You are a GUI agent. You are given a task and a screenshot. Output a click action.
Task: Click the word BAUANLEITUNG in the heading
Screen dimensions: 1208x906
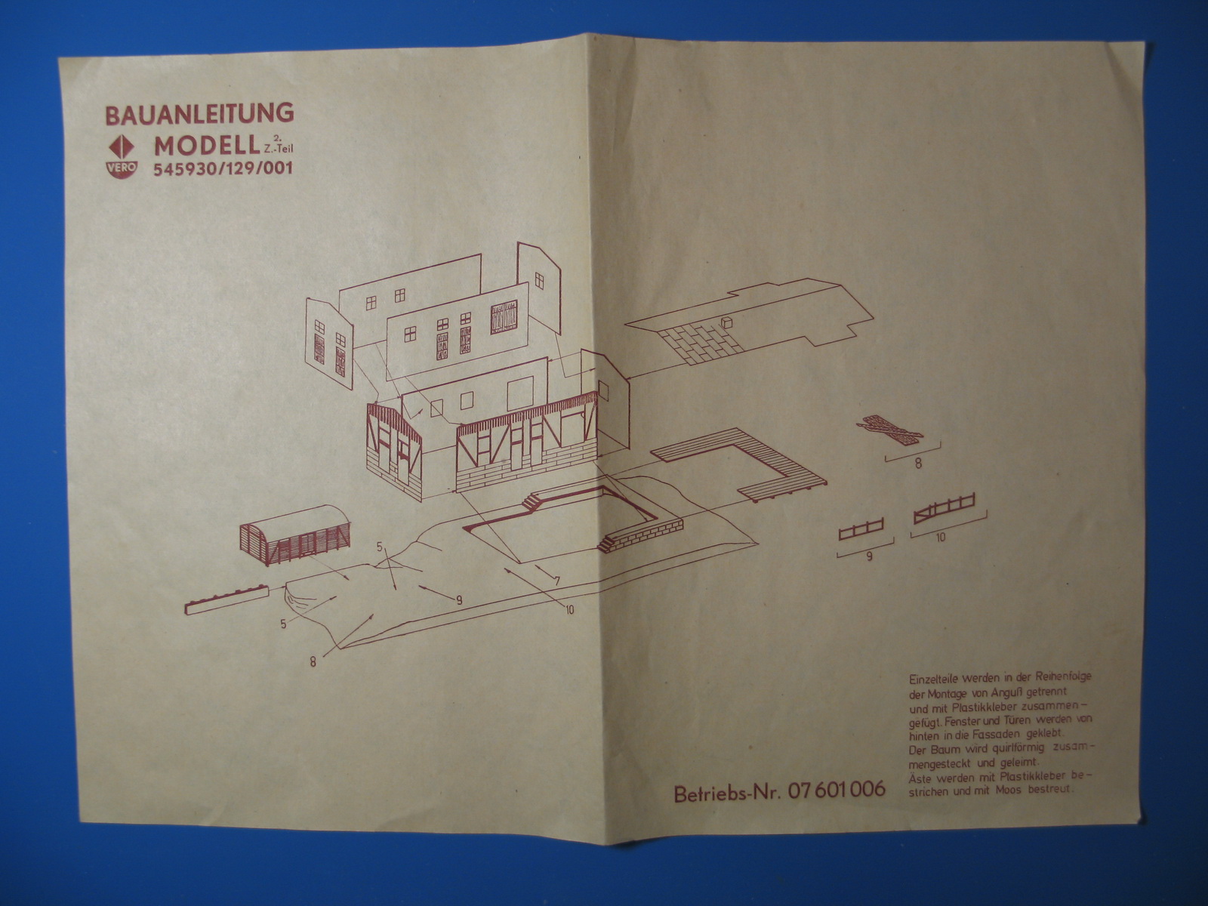point(199,114)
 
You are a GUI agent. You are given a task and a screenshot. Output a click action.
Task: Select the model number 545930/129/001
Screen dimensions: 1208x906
point(223,169)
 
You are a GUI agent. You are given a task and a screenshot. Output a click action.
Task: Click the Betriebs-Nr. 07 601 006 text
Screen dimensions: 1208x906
point(779,792)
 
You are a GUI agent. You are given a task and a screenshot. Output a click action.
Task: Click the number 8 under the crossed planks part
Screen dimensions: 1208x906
point(918,464)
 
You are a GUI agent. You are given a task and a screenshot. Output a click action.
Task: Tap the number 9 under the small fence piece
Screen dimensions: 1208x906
point(869,557)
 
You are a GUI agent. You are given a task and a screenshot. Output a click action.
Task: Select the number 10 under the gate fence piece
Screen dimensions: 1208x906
point(939,538)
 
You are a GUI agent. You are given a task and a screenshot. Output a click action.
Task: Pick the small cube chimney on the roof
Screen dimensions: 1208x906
point(726,322)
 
